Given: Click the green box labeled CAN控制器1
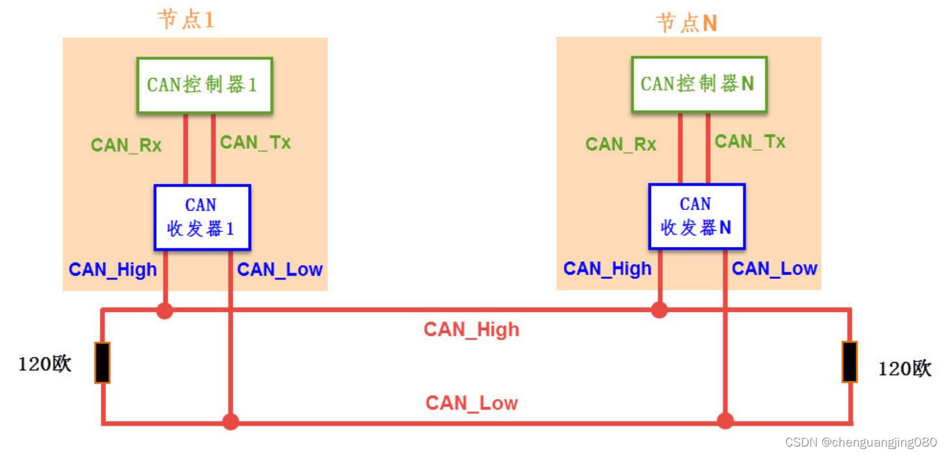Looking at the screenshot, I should [x=204, y=84].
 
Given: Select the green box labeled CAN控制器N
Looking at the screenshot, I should [x=699, y=83].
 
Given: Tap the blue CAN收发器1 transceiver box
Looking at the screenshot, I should [x=202, y=217].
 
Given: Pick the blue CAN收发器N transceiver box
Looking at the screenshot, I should [x=697, y=216].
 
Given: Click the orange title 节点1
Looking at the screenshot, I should [x=185, y=19].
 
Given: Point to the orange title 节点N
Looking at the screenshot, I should [x=687, y=23].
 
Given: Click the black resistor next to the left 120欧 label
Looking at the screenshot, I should [x=102, y=363].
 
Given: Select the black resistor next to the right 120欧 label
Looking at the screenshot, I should [x=849, y=361].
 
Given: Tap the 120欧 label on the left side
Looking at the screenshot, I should [x=44, y=364].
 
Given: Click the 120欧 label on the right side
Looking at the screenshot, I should [x=905, y=369].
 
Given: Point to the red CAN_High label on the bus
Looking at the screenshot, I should [x=472, y=330].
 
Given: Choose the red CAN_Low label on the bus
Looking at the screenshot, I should [x=472, y=403].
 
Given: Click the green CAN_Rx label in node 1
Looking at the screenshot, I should [x=126, y=145].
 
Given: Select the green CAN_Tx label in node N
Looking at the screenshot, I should [x=750, y=141].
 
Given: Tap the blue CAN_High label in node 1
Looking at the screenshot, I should [x=113, y=269].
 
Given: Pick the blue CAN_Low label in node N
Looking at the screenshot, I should [x=775, y=268].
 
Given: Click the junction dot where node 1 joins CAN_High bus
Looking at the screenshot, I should [x=165, y=311].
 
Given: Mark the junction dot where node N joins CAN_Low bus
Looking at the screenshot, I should [x=725, y=421].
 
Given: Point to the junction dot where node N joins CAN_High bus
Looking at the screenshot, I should [x=660, y=310].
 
